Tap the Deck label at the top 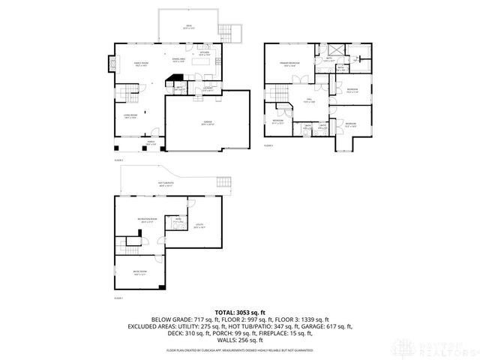point(188,28)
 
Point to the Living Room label point(129,116)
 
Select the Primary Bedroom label point(289,64)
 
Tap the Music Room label point(140,273)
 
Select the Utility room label point(199,225)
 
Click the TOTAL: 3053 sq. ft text point(240,311)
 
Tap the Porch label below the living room point(151,143)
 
